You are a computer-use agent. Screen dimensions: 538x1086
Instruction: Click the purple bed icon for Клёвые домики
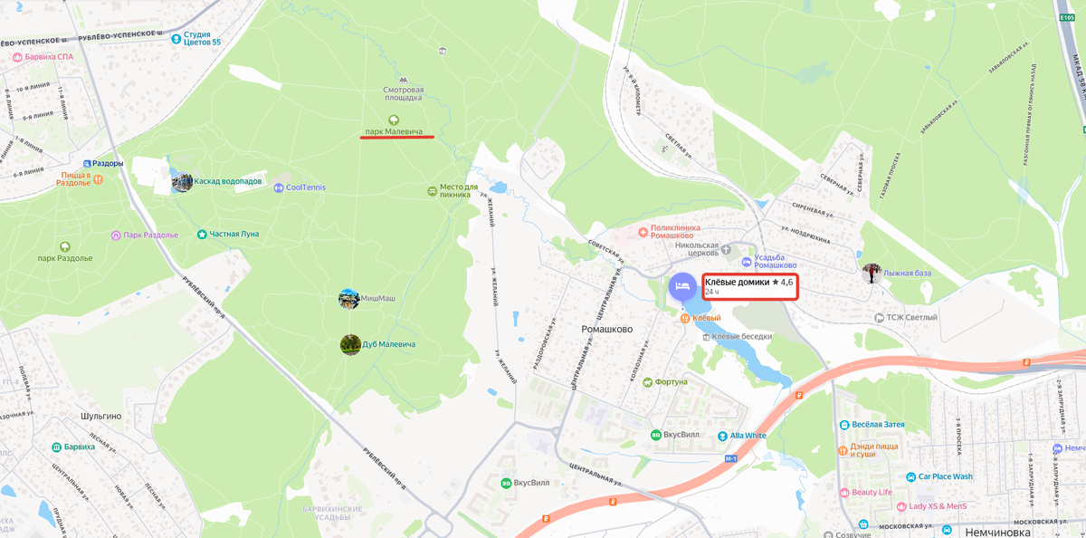[682, 287]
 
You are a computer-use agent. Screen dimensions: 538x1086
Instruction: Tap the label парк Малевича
[394, 131]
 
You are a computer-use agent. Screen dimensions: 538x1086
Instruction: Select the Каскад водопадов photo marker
[182, 182]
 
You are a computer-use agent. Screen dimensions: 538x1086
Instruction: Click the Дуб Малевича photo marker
[350, 344]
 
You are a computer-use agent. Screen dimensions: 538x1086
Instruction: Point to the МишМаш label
[378, 298]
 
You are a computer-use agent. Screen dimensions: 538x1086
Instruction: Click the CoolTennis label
[305, 187]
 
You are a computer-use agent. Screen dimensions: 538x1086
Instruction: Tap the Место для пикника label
[459, 191]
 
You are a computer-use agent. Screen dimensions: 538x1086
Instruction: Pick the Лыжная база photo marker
[872, 273]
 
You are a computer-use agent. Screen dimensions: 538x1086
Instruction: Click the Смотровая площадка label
[403, 93]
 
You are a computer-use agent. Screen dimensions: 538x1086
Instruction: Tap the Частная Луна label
[233, 234]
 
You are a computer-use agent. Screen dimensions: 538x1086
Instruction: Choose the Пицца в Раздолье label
[76, 178]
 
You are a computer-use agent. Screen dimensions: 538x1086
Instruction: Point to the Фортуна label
[671, 381]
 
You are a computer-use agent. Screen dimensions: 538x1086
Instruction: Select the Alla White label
[748, 436]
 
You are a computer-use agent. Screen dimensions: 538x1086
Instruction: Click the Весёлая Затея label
[878, 424]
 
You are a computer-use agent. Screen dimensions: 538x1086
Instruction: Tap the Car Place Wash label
[945, 476]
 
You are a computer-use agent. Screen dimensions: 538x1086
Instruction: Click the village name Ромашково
[605, 330]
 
